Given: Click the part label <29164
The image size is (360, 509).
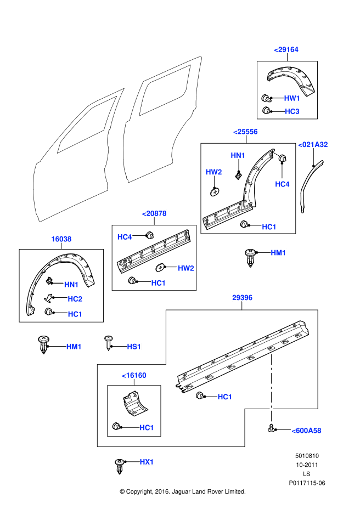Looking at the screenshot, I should click(286, 49).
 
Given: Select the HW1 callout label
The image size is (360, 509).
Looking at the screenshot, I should click(292, 98).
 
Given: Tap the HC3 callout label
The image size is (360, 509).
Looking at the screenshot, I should click(292, 111).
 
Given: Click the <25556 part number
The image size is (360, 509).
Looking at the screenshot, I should click(245, 132).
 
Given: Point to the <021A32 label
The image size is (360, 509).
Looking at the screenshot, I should click(313, 145).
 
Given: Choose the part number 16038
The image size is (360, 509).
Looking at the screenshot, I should click(61, 239).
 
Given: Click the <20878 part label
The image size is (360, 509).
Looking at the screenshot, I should click(154, 213).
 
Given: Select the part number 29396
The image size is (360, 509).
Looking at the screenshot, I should click(242, 298).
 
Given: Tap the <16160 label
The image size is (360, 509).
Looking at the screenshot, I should click(134, 375).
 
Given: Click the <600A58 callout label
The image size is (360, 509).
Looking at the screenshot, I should click(306, 431).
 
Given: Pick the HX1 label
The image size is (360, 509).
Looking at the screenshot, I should click(147, 462).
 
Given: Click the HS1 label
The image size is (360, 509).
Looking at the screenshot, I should click(134, 347).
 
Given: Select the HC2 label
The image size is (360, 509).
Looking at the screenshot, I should click(75, 299).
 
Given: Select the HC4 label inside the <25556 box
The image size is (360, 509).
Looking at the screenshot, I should click(282, 184).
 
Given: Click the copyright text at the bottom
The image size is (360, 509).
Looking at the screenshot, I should click(183, 491).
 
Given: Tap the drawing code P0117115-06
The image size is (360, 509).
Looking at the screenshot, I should click(307, 483).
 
